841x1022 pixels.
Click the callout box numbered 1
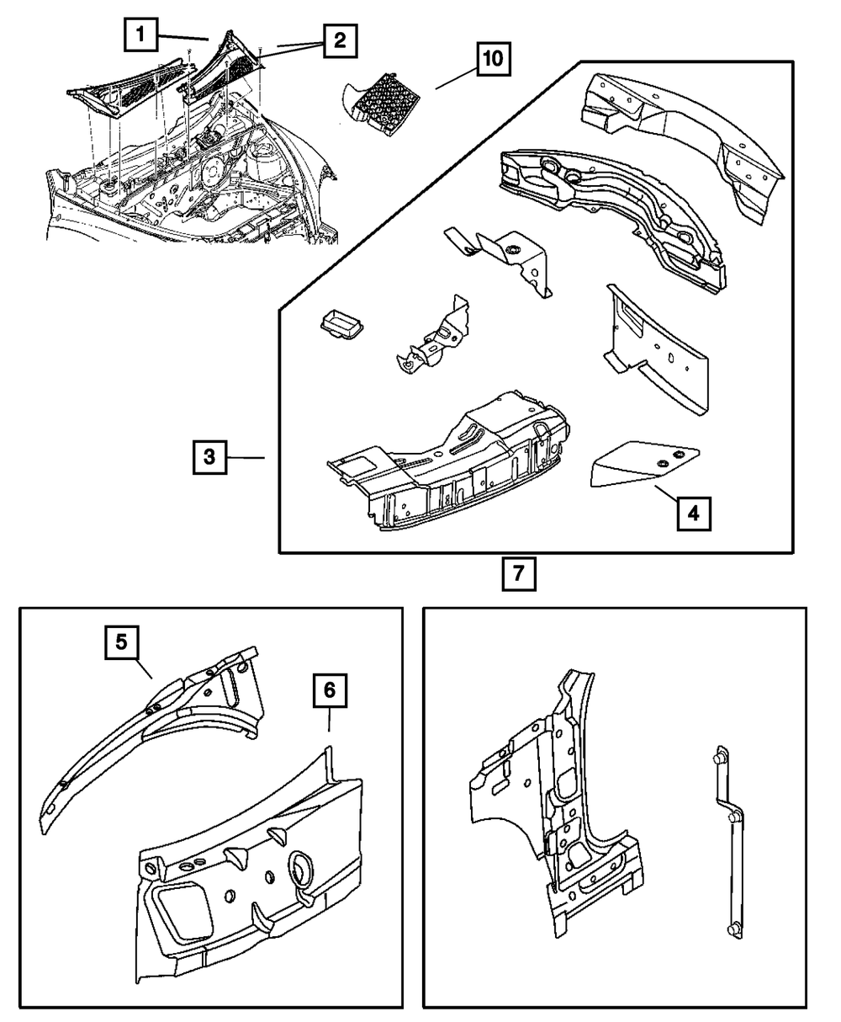(141, 35)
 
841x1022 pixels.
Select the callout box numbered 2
(337, 40)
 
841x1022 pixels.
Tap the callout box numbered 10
(493, 60)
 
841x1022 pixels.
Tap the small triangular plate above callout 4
(643, 463)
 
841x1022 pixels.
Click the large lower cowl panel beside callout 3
(446, 463)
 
